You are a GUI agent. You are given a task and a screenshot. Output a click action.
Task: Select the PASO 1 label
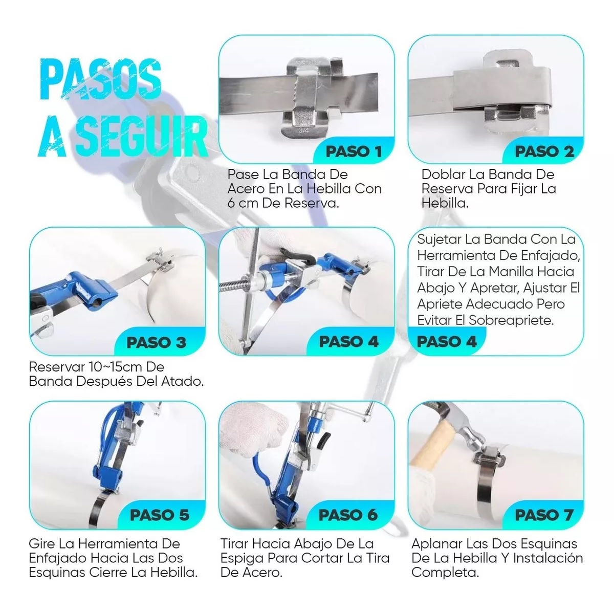[x=354, y=151]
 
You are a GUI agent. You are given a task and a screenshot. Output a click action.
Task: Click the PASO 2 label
[x=544, y=151]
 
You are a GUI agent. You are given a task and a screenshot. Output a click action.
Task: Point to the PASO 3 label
[x=156, y=342]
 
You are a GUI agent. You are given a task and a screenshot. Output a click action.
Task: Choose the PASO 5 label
[x=159, y=515]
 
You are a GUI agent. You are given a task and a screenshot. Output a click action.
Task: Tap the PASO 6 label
[x=348, y=515]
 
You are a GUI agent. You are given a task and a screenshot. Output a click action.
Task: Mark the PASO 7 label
[x=543, y=515]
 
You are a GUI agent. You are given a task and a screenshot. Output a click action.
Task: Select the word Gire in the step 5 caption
[x=42, y=543]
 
